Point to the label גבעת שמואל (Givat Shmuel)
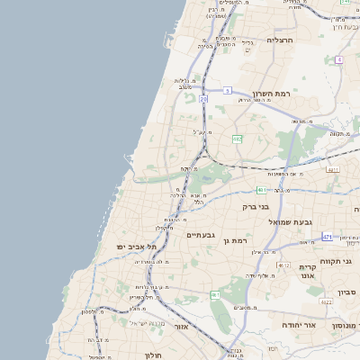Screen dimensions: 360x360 289,220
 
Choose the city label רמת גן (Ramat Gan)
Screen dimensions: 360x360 238,241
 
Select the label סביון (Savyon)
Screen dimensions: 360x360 347,292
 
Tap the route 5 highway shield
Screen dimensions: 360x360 228,90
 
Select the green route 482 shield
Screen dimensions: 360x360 237,139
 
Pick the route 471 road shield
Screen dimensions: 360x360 327,237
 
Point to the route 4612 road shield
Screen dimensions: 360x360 284,265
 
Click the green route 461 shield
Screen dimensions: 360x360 215,295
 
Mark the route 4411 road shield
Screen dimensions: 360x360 333,169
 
